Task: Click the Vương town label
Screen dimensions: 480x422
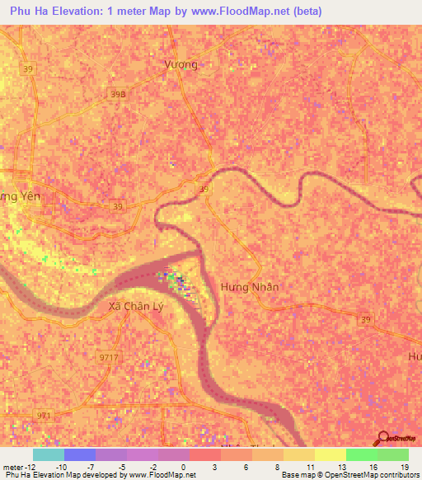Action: tap(181, 64)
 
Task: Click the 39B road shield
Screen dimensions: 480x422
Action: tap(119, 96)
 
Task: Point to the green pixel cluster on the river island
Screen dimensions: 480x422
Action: tap(176, 282)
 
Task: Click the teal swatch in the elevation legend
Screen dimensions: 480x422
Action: tap(48, 454)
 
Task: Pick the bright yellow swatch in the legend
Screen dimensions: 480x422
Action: tap(330, 454)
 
